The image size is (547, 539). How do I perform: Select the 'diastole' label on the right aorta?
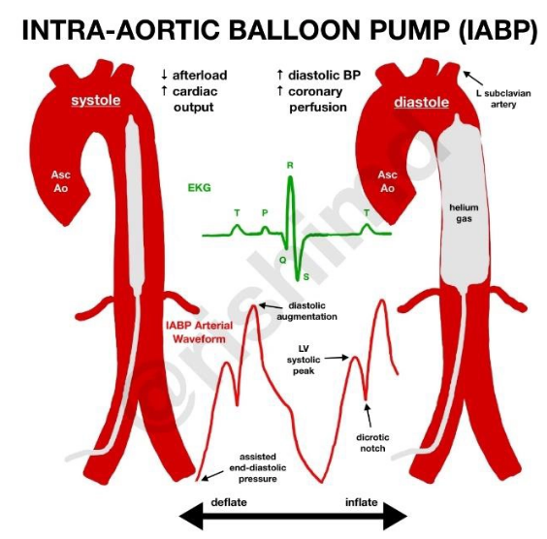[419, 102]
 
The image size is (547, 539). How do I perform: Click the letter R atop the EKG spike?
[289, 166]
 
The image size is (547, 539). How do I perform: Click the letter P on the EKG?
[265, 213]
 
